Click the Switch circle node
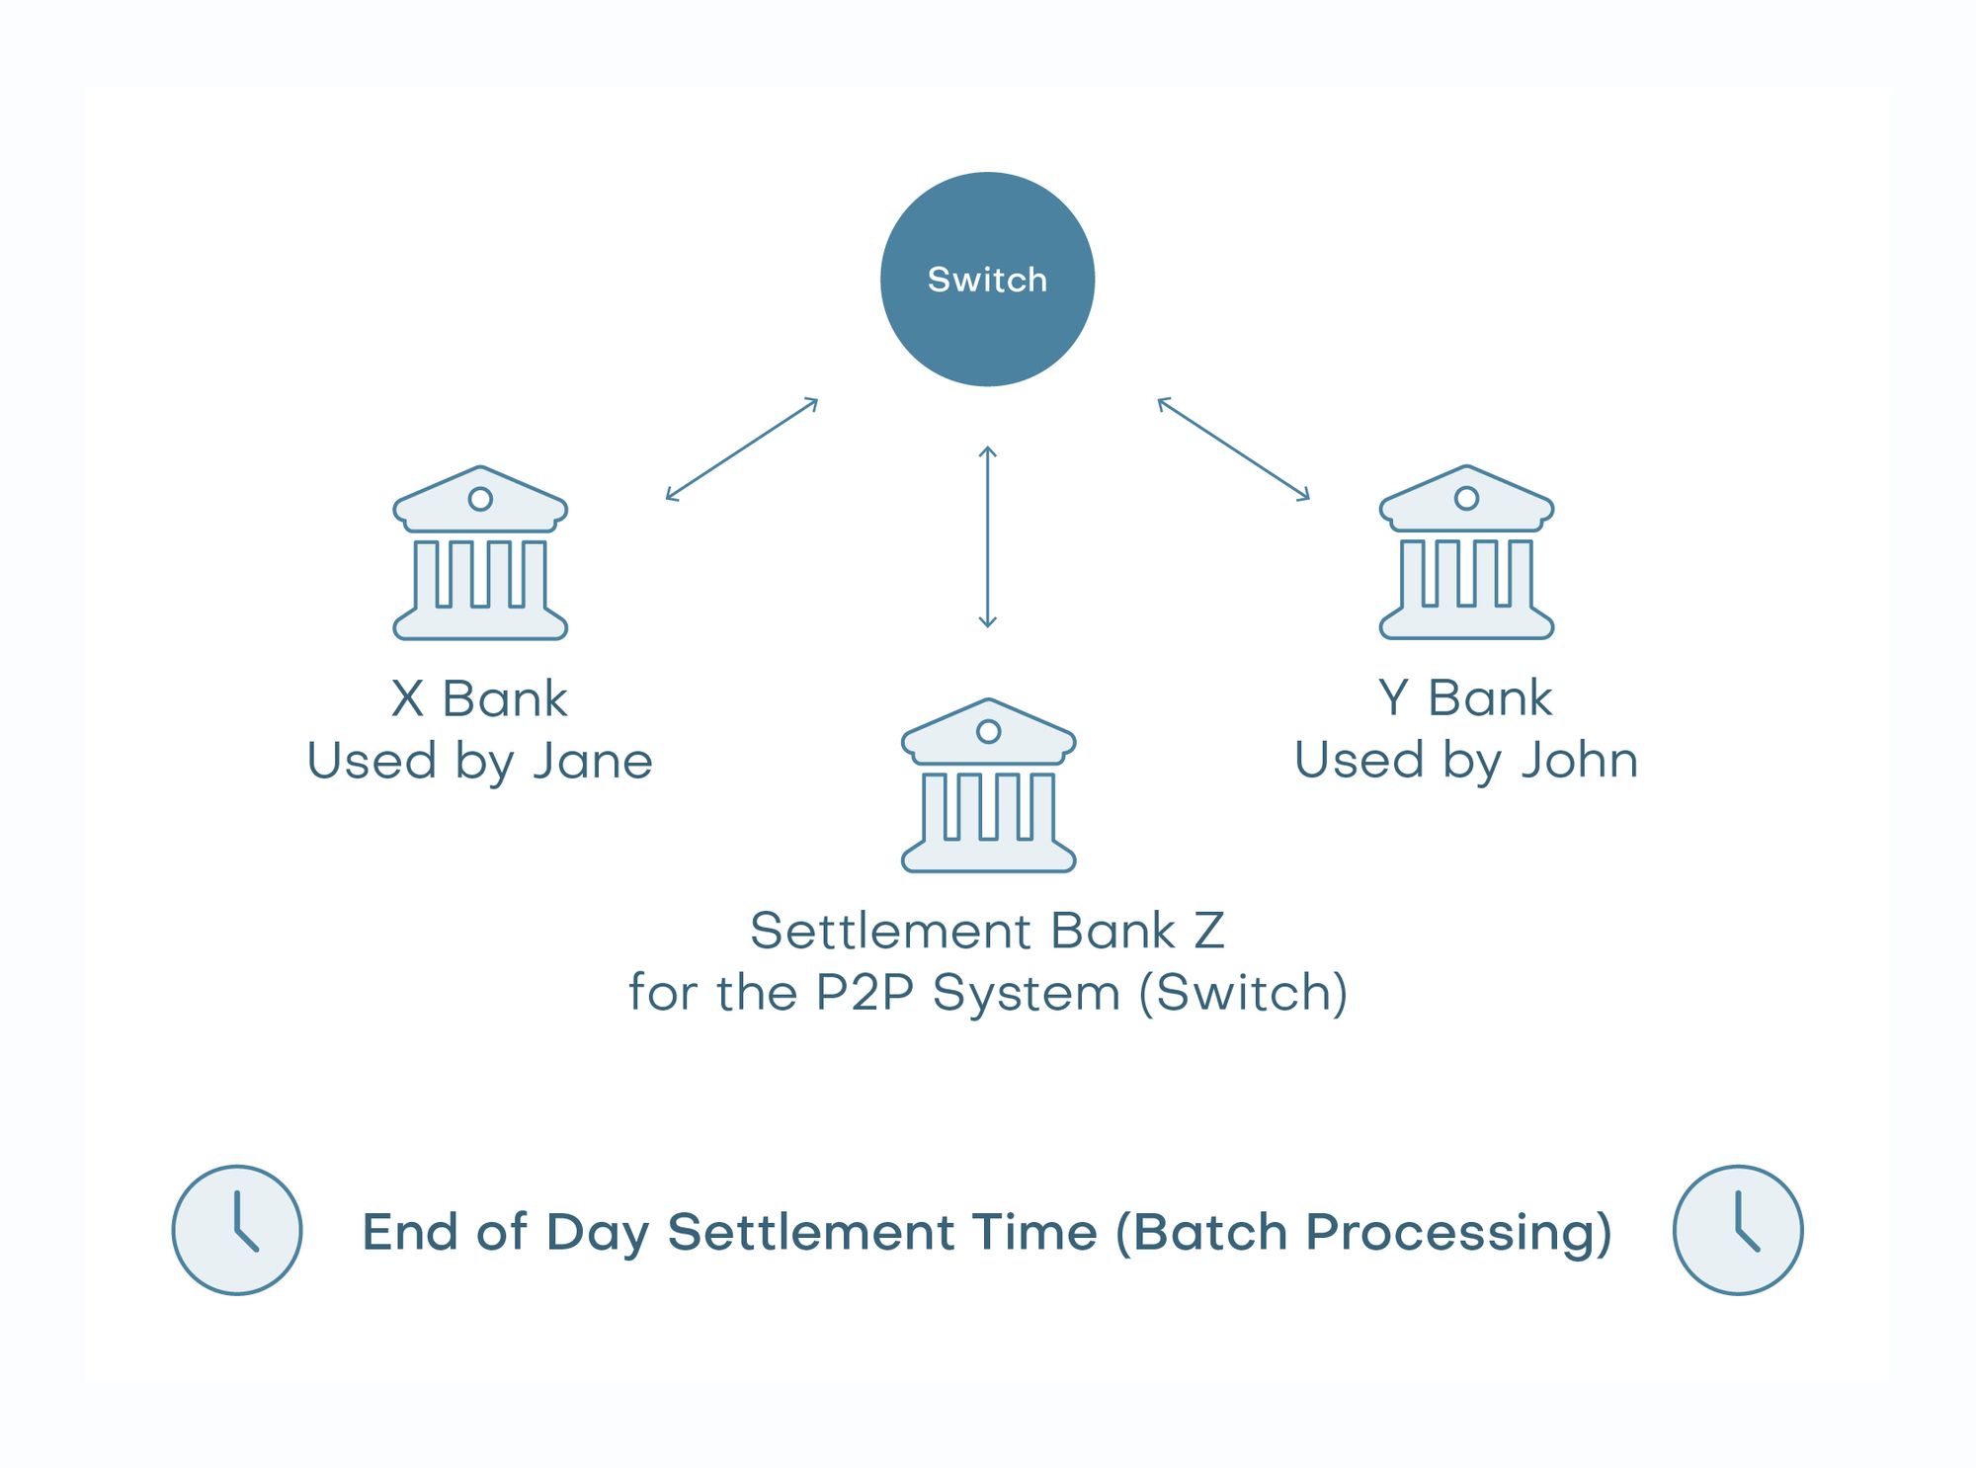point(987,280)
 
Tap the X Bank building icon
point(480,553)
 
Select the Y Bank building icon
point(1466,552)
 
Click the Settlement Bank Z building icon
point(988,786)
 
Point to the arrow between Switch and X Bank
point(742,449)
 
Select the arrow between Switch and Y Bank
point(1233,449)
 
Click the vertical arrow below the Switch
point(987,537)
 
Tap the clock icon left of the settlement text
point(237,1230)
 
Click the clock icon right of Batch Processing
point(1738,1230)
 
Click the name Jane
point(593,762)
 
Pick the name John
point(1579,761)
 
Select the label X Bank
point(480,699)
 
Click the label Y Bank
point(1466,698)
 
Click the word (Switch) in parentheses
point(1243,993)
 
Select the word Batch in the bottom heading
point(1201,1232)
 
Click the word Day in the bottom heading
point(597,1233)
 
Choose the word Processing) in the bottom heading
point(1458,1233)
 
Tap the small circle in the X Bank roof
point(480,499)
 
